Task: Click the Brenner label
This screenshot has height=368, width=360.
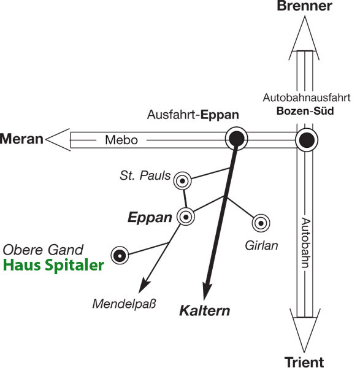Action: coord(304,6)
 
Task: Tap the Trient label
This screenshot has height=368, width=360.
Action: coord(304,362)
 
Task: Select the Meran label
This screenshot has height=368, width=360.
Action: coord(21,139)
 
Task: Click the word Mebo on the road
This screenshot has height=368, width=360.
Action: coord(121,140)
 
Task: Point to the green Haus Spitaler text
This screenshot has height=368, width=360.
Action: coord(53,266)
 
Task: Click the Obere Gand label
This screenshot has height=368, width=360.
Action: coord(43,250)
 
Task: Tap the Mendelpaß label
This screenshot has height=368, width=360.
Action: coord(124,304)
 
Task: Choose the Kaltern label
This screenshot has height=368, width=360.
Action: coord(205,310)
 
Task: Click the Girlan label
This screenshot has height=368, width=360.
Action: coord(261,246)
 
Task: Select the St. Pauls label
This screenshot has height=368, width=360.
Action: coord(145,175)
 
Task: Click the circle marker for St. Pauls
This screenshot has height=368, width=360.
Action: coord(182,181)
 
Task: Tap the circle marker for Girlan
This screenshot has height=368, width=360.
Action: coord(261,223)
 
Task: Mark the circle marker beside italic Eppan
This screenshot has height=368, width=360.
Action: coord(186,217)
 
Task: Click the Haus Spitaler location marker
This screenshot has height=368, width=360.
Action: coord(120,255)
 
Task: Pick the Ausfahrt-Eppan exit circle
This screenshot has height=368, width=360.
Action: coord(236,139)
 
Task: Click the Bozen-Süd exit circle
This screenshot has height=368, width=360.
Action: coord(307,140)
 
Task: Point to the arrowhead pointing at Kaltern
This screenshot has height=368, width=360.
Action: coord(207,291)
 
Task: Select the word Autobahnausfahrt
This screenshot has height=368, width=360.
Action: coord(307,98)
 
